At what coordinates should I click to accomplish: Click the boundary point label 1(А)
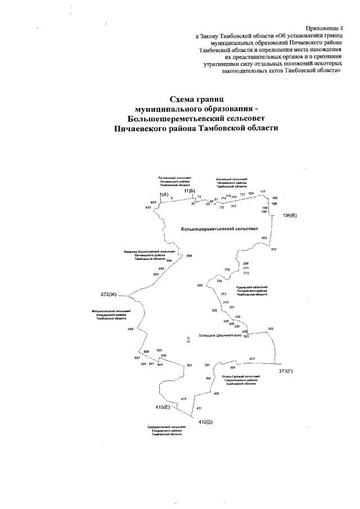coord(164,193)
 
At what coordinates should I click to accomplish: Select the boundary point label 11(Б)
coord(189,191)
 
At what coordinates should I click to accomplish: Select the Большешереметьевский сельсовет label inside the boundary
coord(219,229)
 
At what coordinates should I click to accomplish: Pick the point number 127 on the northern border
coord(263,192)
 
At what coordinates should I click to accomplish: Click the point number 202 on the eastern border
coord(273,249)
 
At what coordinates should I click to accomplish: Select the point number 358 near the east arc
coord(271,328)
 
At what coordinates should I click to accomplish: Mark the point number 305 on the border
coord(200,286)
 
